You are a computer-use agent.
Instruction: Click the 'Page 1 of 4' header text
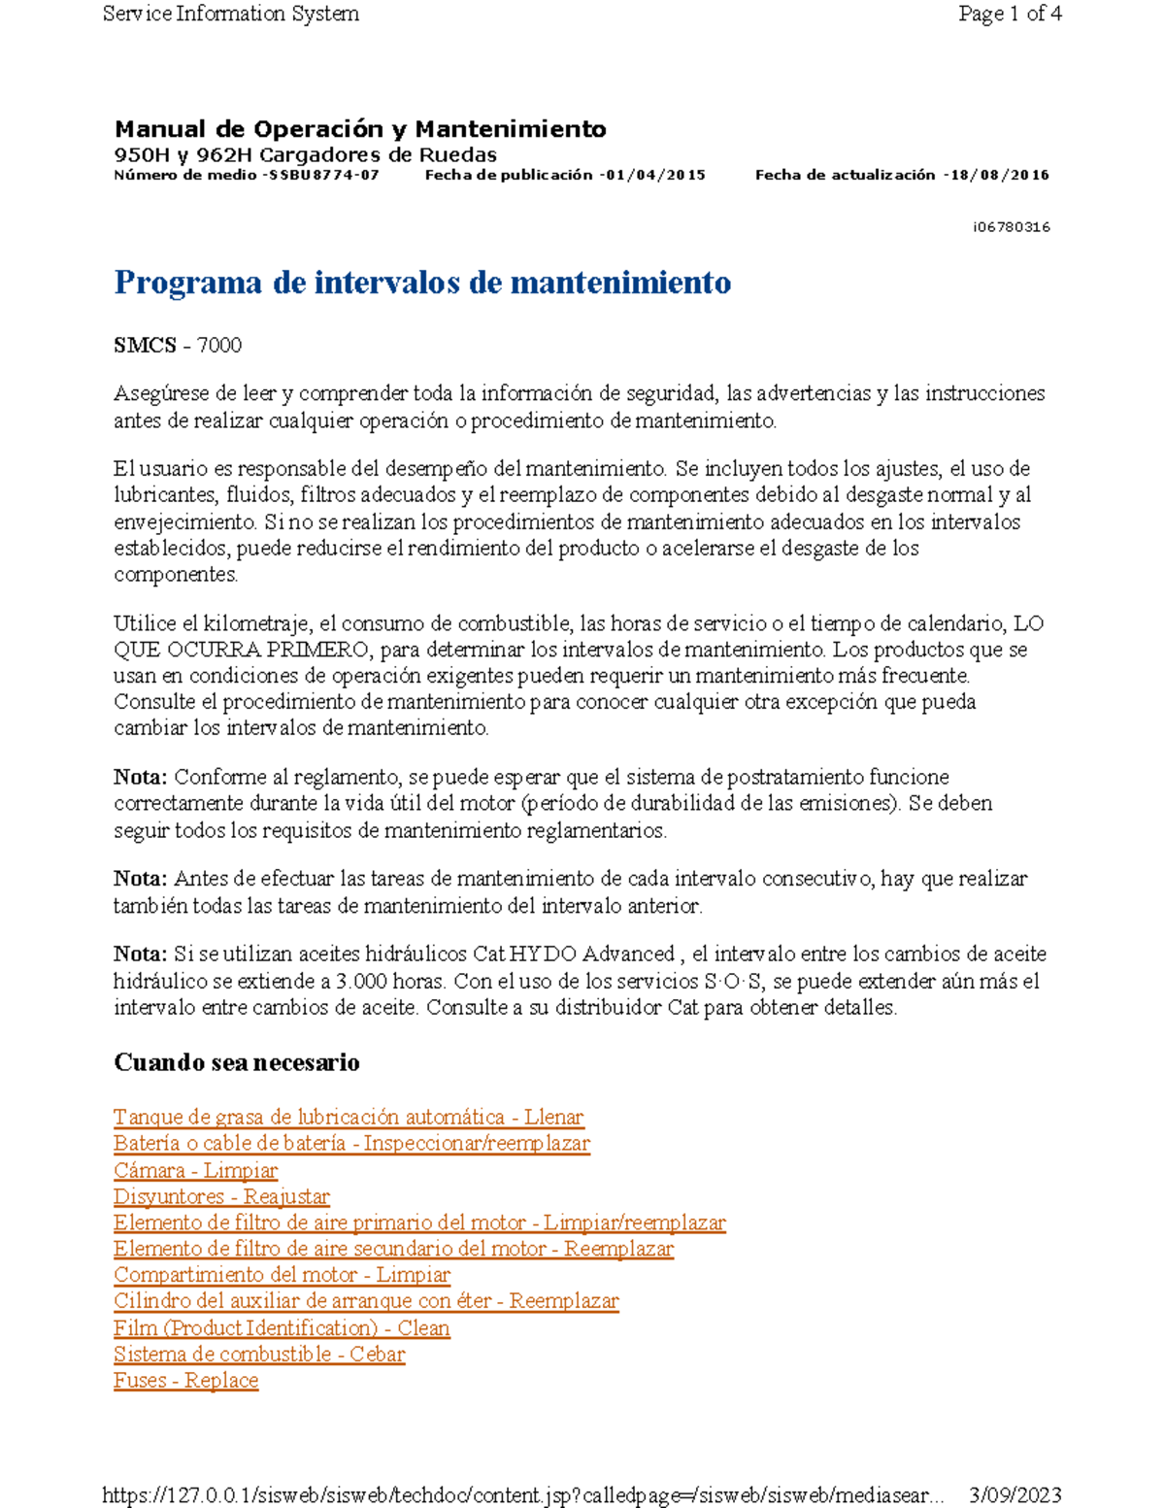coord(1009,14)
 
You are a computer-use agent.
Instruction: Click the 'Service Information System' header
coord(231,14)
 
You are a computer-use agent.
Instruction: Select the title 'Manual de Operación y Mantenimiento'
coord(360,129)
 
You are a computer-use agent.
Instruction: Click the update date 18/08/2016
coord(999,176)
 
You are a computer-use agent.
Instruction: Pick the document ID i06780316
coord(1011,227)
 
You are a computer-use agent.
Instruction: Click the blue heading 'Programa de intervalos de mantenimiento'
coord(422,283)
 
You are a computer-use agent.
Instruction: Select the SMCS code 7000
coord(218,346)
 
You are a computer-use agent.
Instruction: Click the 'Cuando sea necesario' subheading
coord(237,1062)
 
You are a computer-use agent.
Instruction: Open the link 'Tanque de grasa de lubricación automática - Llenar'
coord(349,1118)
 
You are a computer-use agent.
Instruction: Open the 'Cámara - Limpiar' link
coord(196,1171)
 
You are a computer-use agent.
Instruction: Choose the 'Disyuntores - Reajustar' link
coord(221,1197)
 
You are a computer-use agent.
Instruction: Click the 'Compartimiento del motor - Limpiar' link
coord(283,1275)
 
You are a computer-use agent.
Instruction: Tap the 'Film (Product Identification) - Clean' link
coord(282,1328)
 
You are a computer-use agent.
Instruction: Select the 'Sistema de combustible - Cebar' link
coord(259,1355)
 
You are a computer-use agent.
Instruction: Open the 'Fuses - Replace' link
coord(186,1381)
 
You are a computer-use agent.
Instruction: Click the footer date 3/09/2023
coord(1015,1495)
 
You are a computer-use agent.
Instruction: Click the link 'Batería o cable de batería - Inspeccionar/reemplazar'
coord(351,1144)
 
